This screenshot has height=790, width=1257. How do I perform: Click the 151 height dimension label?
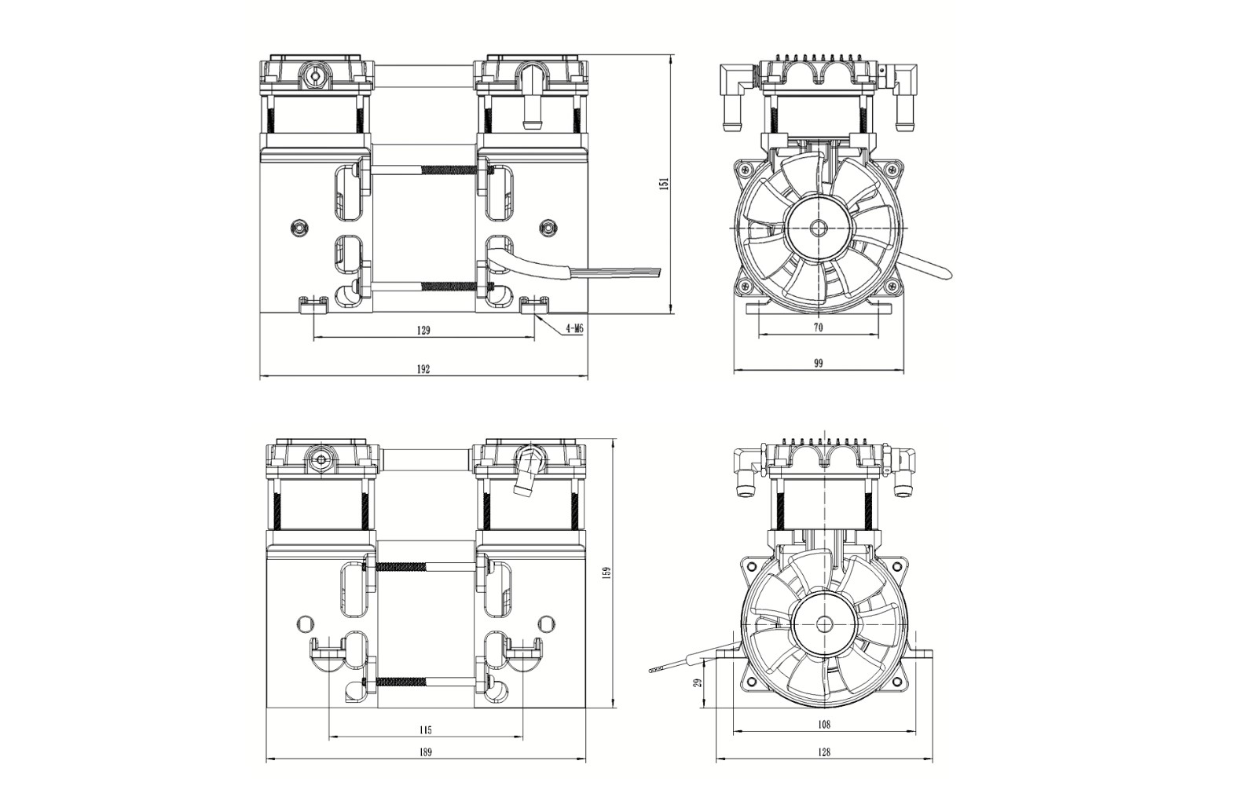click(665, 184)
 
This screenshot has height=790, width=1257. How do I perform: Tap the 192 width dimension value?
click(423, 369)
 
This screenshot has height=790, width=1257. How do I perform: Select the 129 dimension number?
click(423, 331)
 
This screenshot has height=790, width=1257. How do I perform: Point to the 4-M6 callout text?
click(574, 330)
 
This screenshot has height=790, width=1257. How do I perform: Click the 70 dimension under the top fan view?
click(818, 328)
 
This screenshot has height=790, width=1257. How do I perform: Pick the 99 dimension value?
click(818, 363)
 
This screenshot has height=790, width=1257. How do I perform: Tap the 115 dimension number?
click(425, 730)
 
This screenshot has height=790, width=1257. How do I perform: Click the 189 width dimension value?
click(425, 752)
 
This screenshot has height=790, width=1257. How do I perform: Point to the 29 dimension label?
click(697, 682)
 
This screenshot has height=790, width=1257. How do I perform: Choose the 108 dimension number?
click(823, 725)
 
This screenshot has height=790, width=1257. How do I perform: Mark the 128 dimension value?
click(823, 752)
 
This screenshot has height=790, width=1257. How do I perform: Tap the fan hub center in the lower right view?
click(824, 624)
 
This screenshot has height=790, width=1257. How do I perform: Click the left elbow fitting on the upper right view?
click(733, 94)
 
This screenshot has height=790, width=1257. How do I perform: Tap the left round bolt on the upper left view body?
click(297, 227)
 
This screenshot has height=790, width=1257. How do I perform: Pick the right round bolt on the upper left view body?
click(548, 228)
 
